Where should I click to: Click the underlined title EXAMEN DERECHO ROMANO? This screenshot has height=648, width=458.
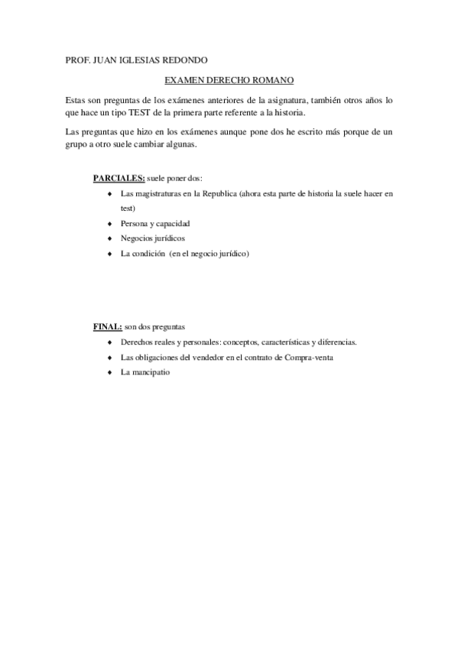click(229, 79)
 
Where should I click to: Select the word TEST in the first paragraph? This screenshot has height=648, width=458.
click(147, 113)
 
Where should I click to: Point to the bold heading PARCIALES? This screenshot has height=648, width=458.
click(119, 179)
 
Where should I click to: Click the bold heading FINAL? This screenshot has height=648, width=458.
click(107, 327)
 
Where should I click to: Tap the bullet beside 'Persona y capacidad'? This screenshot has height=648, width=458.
click(111, 224)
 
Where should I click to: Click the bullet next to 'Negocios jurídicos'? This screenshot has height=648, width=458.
click(111, 239)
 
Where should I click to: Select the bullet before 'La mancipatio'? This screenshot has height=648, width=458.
click(111, 373)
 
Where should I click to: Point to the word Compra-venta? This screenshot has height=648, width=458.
click(311, 358)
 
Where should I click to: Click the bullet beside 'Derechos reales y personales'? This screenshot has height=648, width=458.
click(111, 342)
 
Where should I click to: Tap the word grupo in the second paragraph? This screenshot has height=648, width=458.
click(75, 145)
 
